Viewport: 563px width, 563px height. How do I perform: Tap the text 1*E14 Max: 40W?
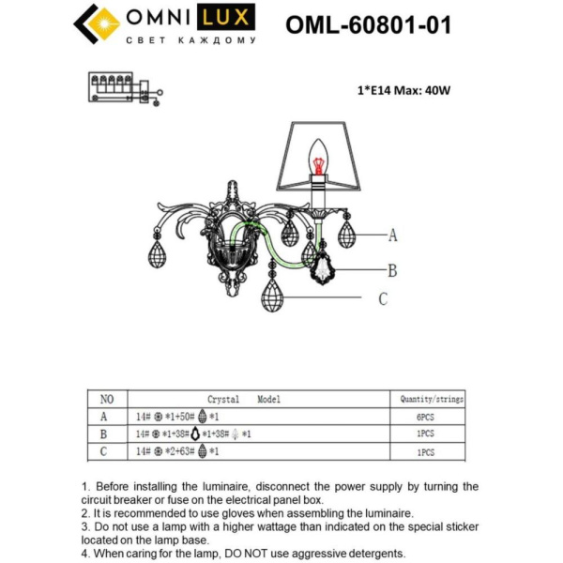tap(404, 91)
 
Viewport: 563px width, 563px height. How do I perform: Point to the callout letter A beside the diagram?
tap(393, 235)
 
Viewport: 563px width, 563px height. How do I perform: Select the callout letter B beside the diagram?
tap(392, 271)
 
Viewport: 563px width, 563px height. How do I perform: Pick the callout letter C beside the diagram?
tap(383, 299)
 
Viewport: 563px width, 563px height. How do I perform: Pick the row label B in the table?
tap(104, 434)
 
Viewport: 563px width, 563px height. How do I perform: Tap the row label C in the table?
tap(104, 451)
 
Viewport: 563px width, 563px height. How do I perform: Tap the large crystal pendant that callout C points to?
tap(273, 297)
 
